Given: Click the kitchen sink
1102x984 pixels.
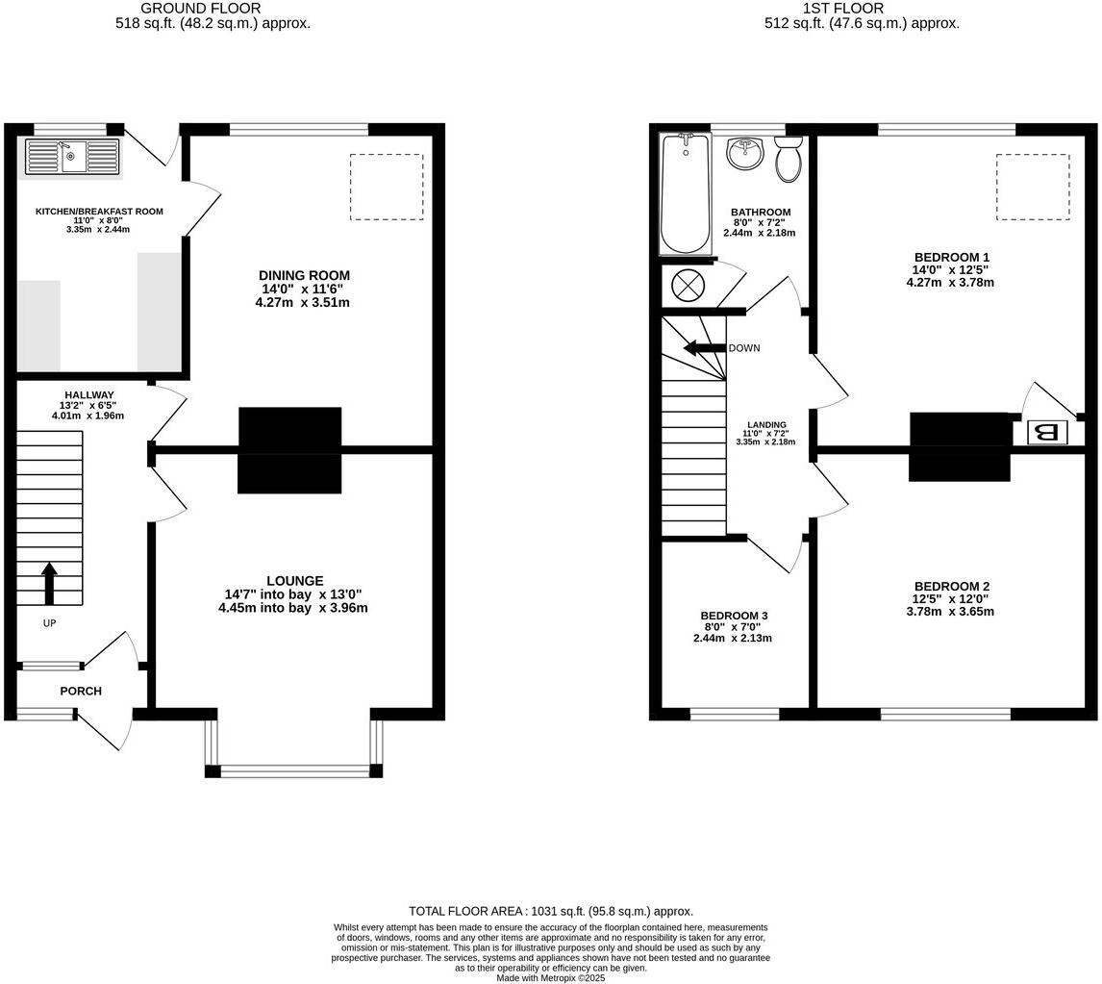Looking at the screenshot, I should click(71, 156).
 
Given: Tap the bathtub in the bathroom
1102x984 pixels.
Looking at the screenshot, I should click(685, 194).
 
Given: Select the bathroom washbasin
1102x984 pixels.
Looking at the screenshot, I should click(744, 153).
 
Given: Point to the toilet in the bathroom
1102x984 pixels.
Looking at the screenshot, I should click(789, 159).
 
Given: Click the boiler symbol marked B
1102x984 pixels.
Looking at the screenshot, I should click(1047, 433).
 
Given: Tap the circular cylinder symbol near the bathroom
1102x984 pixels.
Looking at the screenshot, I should click(689, 285).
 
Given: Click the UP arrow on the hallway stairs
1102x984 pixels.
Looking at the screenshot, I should click(49, 583).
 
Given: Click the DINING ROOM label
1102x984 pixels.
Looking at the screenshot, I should click(304, 276).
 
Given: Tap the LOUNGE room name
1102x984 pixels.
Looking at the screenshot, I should click(294, 581).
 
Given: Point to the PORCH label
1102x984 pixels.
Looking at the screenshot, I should click(81, 691).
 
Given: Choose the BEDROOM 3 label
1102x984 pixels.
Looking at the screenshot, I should click(734, 616).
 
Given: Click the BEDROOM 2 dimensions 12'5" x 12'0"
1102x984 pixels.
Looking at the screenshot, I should click(951, 599).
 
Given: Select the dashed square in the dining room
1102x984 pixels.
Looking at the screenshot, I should click(387, 188).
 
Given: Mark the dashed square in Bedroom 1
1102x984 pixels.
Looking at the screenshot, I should click(1032, 188).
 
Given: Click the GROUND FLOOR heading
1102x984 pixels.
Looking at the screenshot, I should click(200, 9).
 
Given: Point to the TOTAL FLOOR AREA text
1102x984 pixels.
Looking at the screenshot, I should click(550, 911).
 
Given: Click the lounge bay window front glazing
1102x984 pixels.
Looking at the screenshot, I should click(294, 770).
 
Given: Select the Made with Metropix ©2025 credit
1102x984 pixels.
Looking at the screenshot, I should click(550, 977).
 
